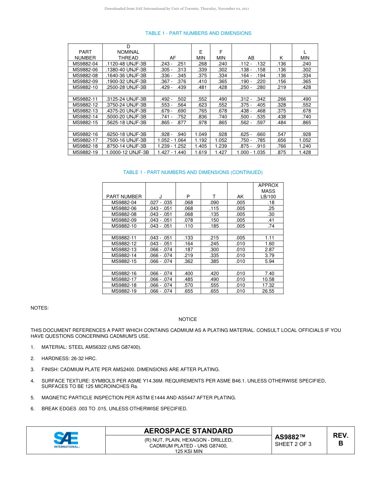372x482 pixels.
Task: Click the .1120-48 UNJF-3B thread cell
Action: pyautogui.click(x=126, y=64)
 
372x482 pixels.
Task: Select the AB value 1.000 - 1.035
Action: pyautogui.click(x=251, y=152)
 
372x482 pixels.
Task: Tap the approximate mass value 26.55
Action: pyautogui.click(x=268, y=291)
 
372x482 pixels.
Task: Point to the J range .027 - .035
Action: pyautogui.click(x=161, y=203)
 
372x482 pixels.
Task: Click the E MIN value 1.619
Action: pyautogui.click(x=200, y=152)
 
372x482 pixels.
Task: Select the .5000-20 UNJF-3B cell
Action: pyautogui.click(x=126, y=117)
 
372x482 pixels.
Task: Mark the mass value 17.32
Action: pyautogui.click(x=268, y=285)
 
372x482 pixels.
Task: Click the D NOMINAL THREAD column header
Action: pyautogui.click(x=128, y=52)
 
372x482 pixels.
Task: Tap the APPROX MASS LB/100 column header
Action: pyautogui.click(x=268, y=191)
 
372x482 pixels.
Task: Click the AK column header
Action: pyautogui.click(x=240, y=197)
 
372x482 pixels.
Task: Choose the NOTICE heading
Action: pyautogui.click(x=188, y=319)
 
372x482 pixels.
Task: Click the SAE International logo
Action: pyautogui.click(x=66, y=440)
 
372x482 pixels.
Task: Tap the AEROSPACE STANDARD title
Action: pyautogui.click(x=188, y=431)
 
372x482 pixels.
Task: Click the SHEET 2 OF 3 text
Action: pyautogui.click(x=293, y=444)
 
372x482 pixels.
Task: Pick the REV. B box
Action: pyautogui.click(x=340, y=440)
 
